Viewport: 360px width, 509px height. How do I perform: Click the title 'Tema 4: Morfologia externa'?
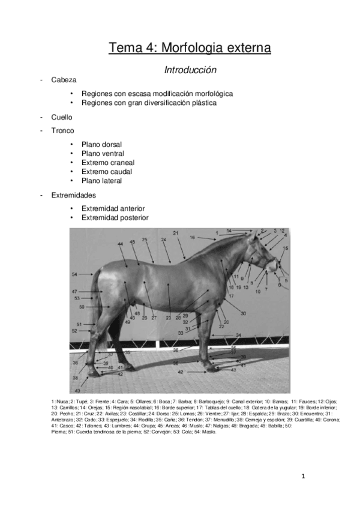pos(190,48)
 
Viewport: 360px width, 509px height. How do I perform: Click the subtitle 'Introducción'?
pos(190,70)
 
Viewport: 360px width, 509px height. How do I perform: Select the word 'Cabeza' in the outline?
pos(64,79)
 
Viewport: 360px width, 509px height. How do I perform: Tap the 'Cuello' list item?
pos(62,117)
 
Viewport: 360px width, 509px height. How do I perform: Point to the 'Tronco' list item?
pos(62,130)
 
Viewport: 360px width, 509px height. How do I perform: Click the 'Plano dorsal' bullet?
pos(102,145)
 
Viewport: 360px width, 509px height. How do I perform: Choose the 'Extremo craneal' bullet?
pos(108,162)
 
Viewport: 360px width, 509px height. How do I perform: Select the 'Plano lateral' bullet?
pos(102,180)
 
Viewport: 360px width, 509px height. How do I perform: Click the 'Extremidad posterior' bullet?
pos(115,218)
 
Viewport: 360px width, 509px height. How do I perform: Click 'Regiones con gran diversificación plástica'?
pos(149,103)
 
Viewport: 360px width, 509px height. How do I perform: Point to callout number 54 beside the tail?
pos(74,274)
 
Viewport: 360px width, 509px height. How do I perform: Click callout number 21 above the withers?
pos(176,232)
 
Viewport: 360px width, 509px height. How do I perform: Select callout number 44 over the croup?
pos(121,244)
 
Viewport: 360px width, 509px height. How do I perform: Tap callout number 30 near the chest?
pos(243,313)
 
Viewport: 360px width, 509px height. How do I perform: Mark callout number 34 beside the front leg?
pos(238,334)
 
